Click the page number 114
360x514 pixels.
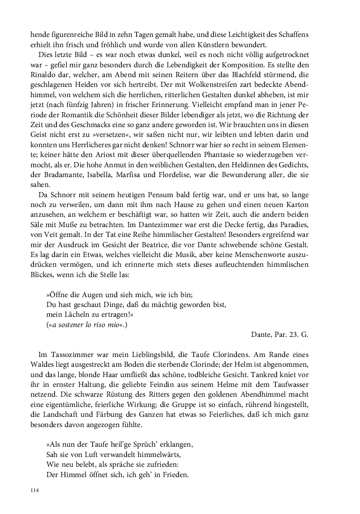(34, 490)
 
